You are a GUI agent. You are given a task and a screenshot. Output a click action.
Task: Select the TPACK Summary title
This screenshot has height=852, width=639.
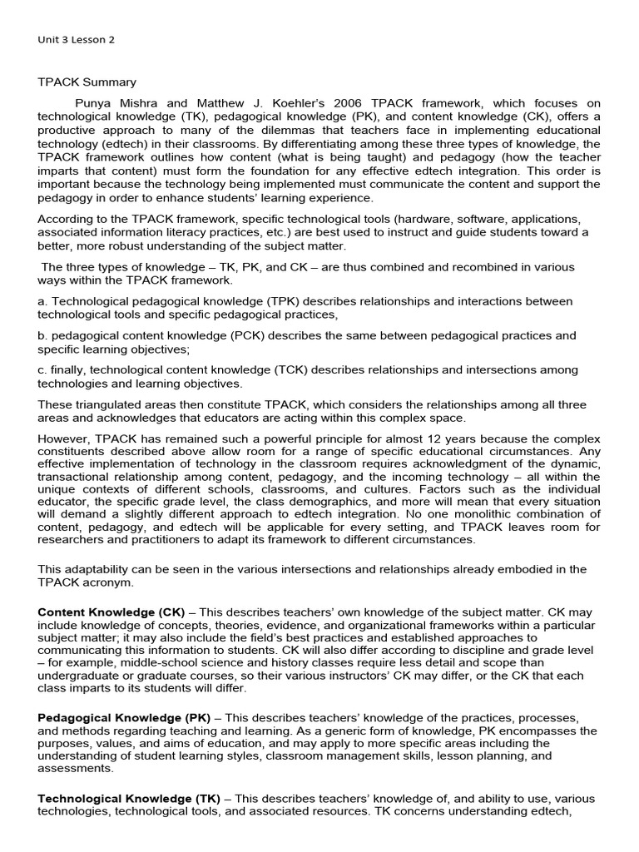87,82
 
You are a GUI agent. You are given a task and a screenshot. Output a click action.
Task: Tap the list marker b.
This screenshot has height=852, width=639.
42,336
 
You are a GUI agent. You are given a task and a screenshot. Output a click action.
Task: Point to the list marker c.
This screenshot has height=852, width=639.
42,370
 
